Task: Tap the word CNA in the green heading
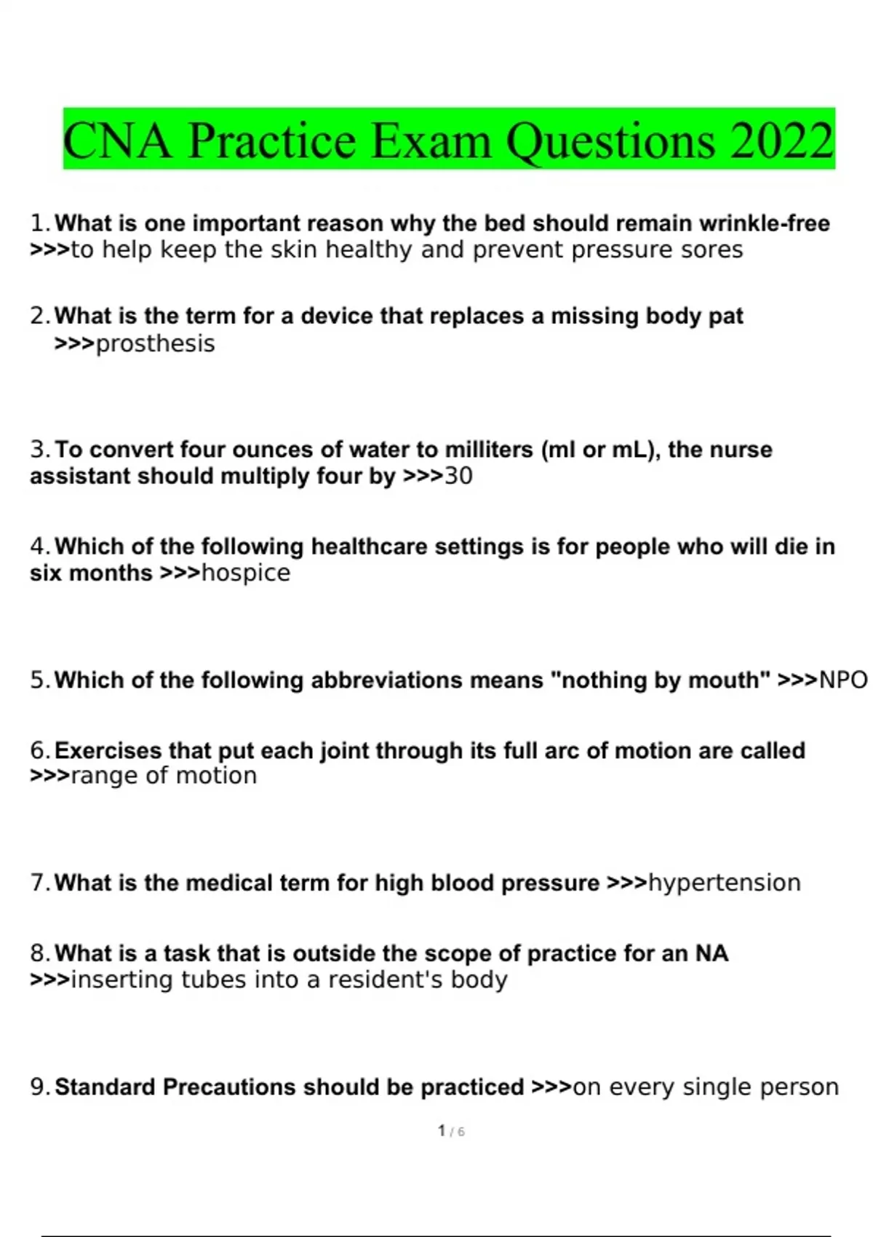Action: click(117, 140)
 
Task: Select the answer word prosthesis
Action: click(155, 343)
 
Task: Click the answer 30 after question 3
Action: click(458, 476)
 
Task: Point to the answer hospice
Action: click(246, 573)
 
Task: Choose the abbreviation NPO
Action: click(843, 680)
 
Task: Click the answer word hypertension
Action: click(724, 883)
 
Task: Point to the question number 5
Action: click(39, 680)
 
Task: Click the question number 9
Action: click(39, 1086)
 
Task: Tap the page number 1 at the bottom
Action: click(442, 1131)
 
